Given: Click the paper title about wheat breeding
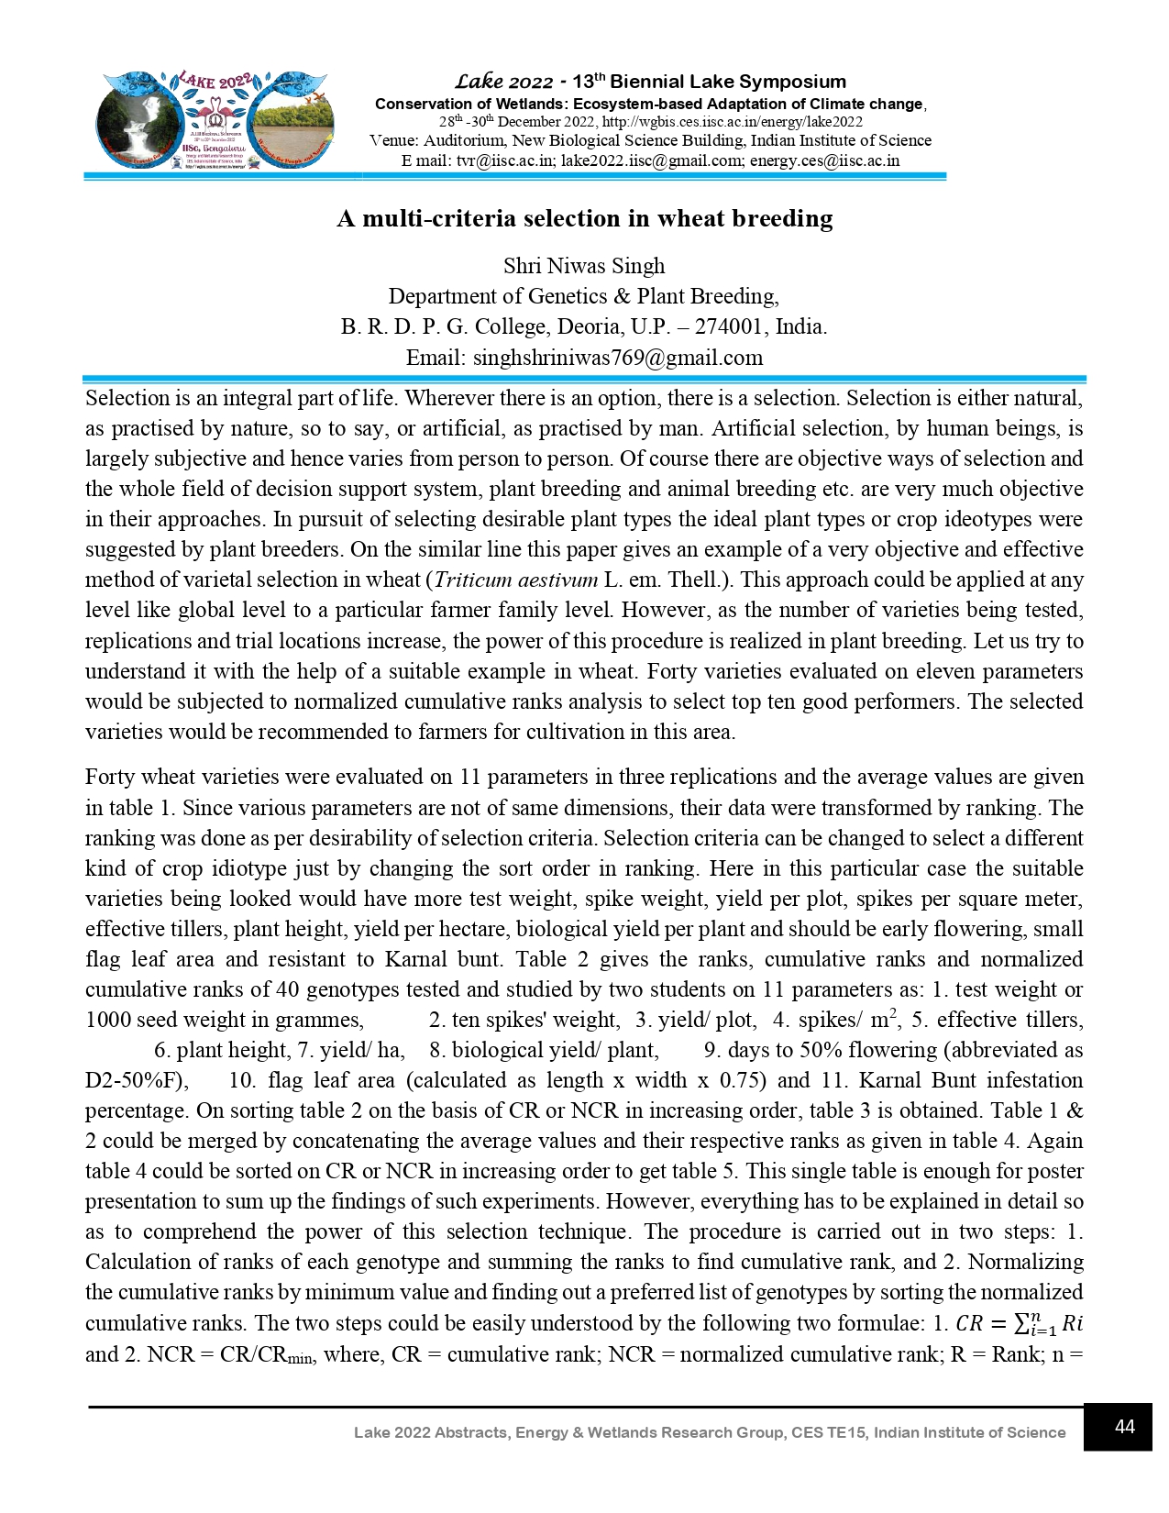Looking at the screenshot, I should [x=585, y=218].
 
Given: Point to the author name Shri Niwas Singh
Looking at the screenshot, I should [x=584, y=266].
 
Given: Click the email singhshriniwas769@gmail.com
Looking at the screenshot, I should [x=617, y=358].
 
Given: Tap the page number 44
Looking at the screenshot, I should [x=1124, y=1427].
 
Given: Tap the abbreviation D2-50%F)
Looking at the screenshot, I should [x=137, y=1080].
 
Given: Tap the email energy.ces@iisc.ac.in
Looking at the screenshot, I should [x=824, y=160].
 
